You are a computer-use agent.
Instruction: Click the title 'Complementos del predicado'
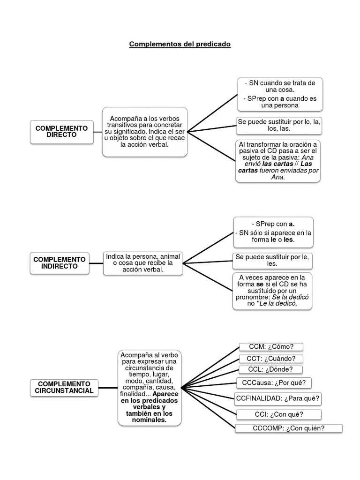point(180,45)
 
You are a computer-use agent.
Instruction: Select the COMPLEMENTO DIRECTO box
point(61,131)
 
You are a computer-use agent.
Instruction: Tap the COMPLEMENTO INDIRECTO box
point(60,263)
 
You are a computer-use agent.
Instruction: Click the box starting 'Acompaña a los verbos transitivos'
point(145,132)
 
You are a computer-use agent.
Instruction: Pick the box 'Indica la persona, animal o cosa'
point(143,263)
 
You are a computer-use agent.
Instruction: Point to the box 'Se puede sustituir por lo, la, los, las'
point(279,125)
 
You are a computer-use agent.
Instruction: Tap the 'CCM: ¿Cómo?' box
point(271,347)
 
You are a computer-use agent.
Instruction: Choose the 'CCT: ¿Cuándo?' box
point(271,359)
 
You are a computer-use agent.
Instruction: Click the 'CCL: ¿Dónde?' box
point(270,371)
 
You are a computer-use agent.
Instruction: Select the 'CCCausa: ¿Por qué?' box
point(274,383)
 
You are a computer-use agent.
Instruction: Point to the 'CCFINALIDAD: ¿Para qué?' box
point(278,399)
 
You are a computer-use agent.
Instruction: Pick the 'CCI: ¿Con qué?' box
point(279,414)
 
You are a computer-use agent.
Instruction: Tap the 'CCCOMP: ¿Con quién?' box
point(289,428)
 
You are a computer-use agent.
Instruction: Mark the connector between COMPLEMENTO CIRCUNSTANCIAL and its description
point(108,388)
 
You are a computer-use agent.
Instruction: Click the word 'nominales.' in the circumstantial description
point(150,420)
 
